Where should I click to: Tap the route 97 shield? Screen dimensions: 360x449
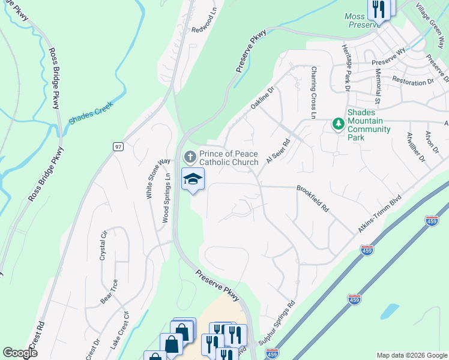[119, 146]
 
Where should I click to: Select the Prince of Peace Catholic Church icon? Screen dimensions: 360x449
[190, 158]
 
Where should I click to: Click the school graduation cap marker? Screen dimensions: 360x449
[193, 179]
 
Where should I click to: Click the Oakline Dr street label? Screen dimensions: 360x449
[262, 98]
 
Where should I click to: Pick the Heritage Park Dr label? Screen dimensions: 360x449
[346, 67]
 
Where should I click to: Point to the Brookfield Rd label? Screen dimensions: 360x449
[313, 198]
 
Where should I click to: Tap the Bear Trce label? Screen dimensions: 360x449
[107, 291]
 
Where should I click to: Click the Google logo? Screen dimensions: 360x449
[20, 353]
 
